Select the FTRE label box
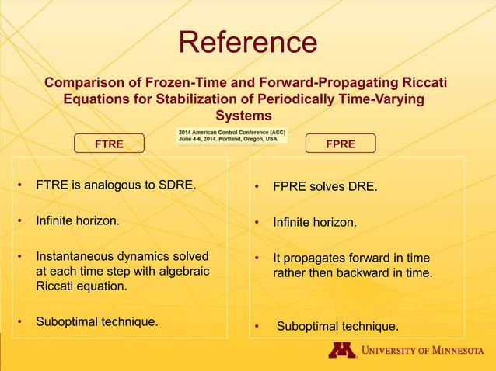coord(110,144)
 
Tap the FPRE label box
coord(341,144)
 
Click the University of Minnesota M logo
coord(341,350)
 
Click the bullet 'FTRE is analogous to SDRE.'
coord(116,186)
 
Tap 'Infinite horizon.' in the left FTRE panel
coord(78,220)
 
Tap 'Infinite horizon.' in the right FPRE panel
coord(315,223)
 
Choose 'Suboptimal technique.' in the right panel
coord(337,325)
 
